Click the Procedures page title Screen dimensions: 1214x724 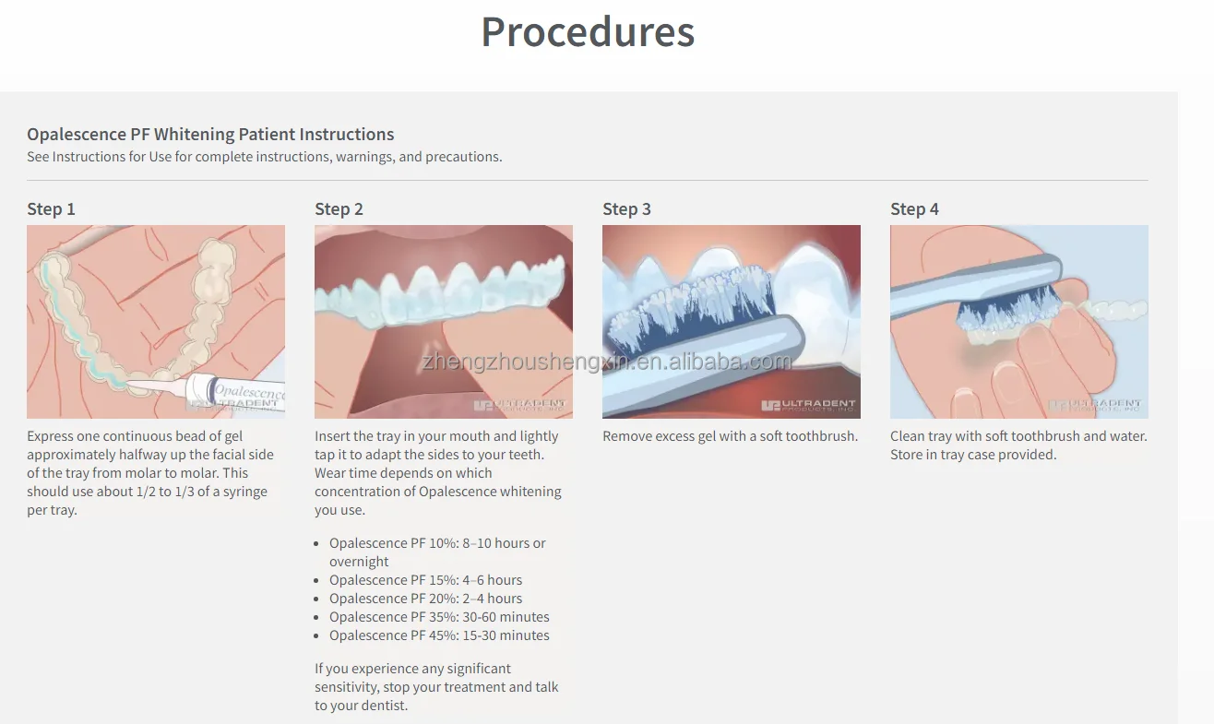point(588,31)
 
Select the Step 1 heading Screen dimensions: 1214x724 point(51,209)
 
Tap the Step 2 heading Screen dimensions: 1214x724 point(339,209)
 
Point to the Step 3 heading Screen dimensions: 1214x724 point(626,209)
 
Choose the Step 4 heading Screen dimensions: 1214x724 point(914,209)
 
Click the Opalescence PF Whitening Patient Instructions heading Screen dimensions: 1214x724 point(210,135)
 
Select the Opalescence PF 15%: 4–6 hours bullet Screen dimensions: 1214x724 point(425,580)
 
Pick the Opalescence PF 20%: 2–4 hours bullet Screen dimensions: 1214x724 point(425,599)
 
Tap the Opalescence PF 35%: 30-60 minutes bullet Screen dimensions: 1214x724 point(439,617)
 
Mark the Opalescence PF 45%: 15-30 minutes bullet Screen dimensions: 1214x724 point(439,635)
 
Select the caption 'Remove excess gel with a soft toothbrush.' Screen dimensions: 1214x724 point(730,436)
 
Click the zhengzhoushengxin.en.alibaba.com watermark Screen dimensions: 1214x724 point(606,362)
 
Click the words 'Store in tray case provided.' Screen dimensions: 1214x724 point(973,455)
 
